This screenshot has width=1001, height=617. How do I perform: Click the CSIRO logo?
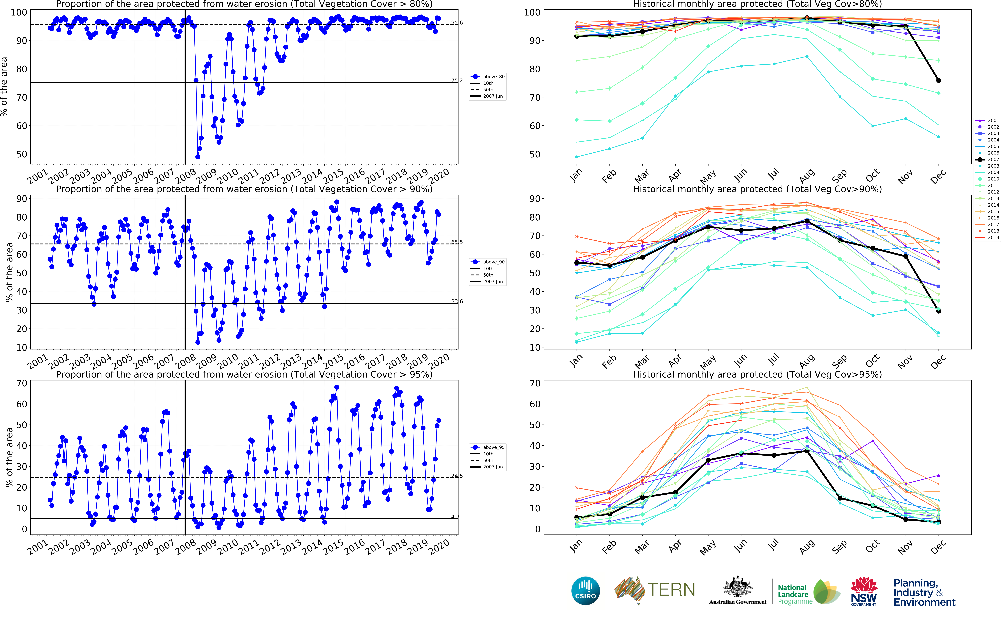click(586, 590)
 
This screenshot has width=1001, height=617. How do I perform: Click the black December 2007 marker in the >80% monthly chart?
click(939, 80)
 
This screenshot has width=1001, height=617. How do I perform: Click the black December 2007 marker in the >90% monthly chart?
click(939, 311)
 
